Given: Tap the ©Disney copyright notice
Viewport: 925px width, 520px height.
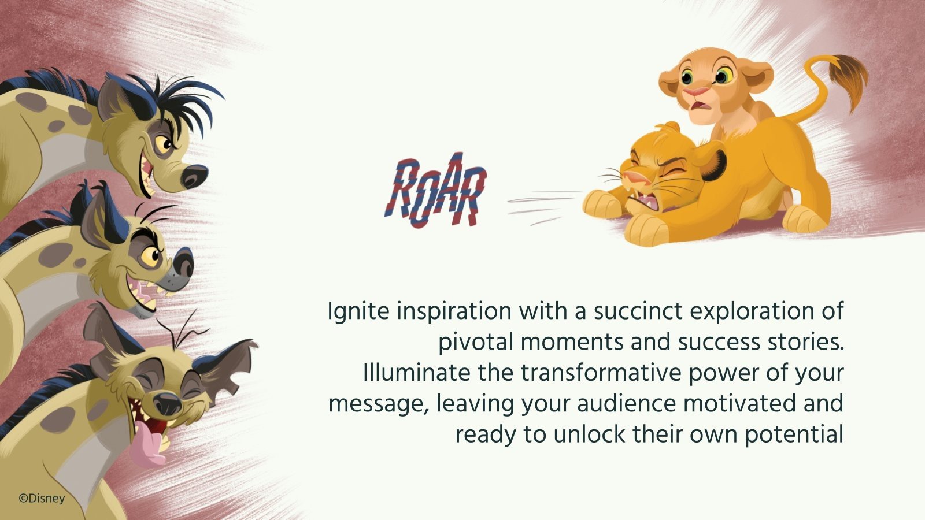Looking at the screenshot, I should (x=42, y=499).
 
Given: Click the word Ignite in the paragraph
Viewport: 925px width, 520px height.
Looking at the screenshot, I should (x=357, y=311).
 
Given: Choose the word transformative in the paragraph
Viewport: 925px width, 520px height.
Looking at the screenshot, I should (x=601, y=373).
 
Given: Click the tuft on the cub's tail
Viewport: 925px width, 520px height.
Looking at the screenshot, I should (x=849, y=78).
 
